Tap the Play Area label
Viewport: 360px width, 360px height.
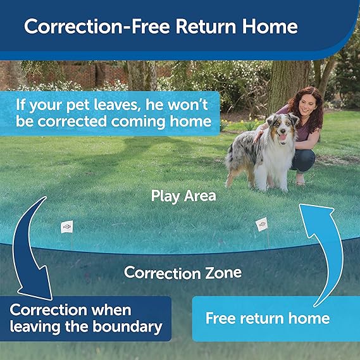pos(183,196)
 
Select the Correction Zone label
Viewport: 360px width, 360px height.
pos(183,273)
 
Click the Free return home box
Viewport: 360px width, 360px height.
pos(267,318)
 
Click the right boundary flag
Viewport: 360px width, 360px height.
pos(261,224)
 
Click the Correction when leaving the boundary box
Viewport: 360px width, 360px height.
pos(85,319)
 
